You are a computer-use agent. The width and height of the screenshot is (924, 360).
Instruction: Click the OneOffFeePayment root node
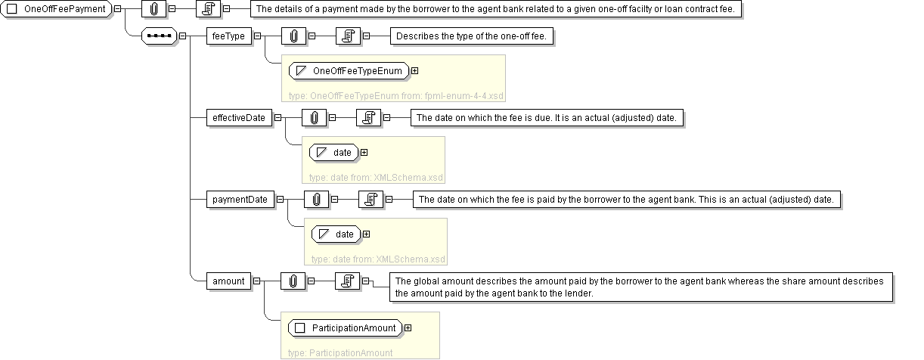pyautogui.click(x=56, y=9)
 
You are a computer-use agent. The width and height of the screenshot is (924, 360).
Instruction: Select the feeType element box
pyautogui.click(x=228, y=36)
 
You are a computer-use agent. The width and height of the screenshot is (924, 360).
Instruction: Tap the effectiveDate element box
pyautogui.click(x=239, y=118)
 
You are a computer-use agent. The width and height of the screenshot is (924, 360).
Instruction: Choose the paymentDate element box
pyautogui.click(x=240, y=200)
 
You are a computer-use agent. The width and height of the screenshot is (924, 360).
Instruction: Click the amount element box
pyautogui.click(x=228, y=281)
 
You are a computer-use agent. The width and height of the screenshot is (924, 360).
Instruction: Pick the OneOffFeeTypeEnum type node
pyautogui.click(x=349, y=71)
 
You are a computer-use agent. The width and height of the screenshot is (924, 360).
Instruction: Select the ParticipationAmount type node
pyautogui.click(x=346, y=328)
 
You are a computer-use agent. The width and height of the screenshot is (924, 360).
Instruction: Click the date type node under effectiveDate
pyautogui.click(x=333, y=153)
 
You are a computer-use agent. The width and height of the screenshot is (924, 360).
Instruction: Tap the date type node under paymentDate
pyautogui.click(x=336, y=234)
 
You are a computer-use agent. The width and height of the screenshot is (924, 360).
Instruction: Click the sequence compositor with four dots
pyautogui.click(x=160, y=36)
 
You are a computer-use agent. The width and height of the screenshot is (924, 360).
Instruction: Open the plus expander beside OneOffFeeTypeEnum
pyautogui.click(x=415, y=71)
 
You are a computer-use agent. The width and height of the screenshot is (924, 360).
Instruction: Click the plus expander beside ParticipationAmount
pyautogui.click(x=408, y=328)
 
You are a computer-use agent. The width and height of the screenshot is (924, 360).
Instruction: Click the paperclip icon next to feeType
pyautogui.click(x=293, y=36)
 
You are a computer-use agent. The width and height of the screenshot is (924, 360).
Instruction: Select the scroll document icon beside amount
pyautogui.click(x=347, y=281)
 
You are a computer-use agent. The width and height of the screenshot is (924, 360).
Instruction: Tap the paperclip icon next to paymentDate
pyautogui.click(x=316, y=200)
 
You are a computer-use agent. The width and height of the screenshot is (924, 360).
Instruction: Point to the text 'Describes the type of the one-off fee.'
pyautogui.click(x=471, y=36)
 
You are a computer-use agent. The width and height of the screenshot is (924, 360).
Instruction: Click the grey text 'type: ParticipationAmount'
pyautogui.click(x=340, y=353)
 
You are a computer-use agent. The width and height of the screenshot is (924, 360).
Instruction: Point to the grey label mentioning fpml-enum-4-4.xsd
pyautogui.click(x=396, y=96)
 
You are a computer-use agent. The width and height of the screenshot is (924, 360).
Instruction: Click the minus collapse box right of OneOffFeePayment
pyautogui.click(x=117, y=8)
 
